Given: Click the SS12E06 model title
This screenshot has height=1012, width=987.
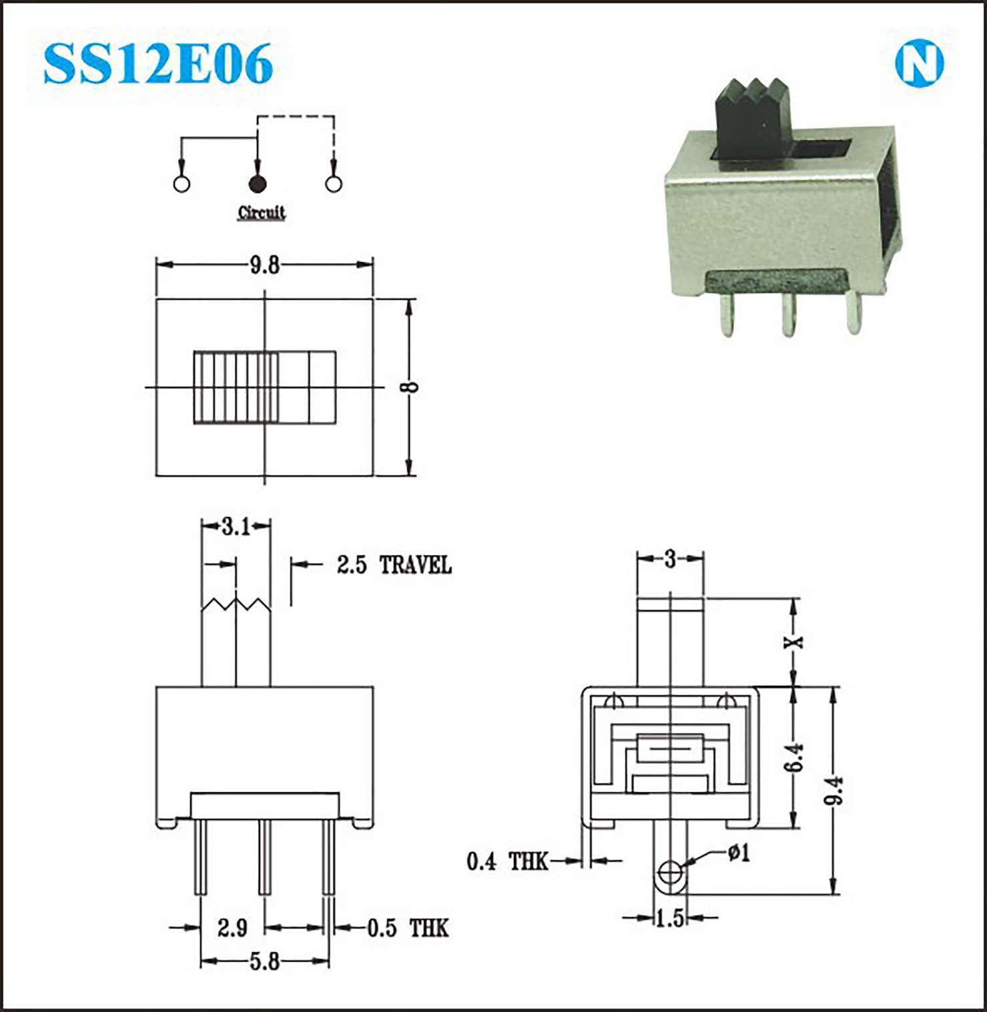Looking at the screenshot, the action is click(x=158, y=63).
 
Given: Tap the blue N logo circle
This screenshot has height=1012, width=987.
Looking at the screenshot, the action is click(x=919, y=64).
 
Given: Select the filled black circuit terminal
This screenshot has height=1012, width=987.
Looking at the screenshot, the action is click(x=257, y=184).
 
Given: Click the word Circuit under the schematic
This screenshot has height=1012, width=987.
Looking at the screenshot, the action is click(x=262, y=213).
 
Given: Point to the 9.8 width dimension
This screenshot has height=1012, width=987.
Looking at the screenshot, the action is click(x=264, y=266).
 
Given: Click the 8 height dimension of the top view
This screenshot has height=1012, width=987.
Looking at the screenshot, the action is click(x=412, y=386).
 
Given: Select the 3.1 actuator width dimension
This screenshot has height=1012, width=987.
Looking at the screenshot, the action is click(x=236, y=527).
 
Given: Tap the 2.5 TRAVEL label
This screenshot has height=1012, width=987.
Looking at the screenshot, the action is click(x=394, y=565).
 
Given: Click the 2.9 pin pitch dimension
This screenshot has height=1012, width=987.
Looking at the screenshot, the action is click(x=232, y=927).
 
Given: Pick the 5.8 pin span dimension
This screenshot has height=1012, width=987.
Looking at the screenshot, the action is click(x=264, y=961).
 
